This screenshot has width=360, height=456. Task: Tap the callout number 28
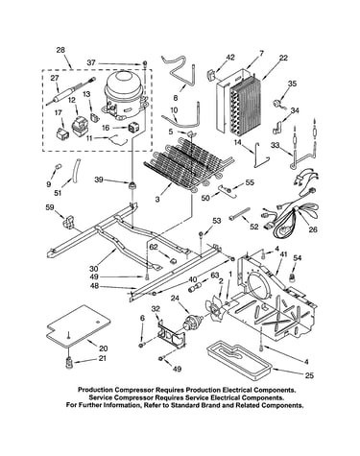tap(60, 50)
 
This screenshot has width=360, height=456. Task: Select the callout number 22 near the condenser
tap(283, 58)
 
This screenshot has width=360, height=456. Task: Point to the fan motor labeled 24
tap(191, 321)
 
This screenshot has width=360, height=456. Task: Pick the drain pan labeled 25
tap(239, 362)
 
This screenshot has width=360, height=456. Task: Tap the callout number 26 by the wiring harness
tap(313, 229)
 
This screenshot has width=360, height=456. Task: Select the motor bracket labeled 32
tap(172, 334)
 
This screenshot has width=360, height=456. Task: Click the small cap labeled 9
tap(58, 166)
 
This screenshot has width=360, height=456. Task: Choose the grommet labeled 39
tap(132, 185)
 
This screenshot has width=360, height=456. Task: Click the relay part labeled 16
tap(132, 128)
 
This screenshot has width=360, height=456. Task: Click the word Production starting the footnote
tap(96, 390)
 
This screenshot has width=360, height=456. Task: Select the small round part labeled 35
tap(276, 104)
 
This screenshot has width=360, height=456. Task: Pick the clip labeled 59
tap(68, 223)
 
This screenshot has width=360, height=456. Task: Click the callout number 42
tap(230, 58)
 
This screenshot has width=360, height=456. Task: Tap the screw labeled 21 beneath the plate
tap(69, 363)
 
